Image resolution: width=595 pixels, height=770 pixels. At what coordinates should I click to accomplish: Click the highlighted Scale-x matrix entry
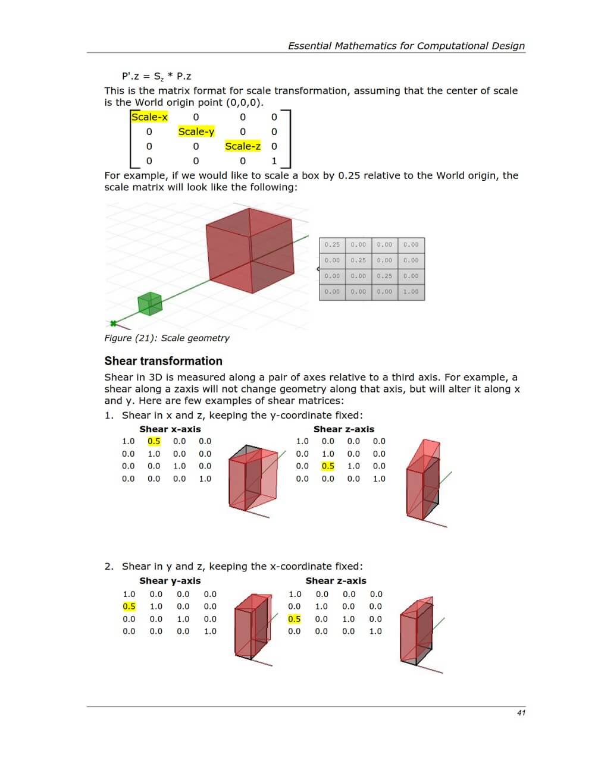click(x=149, y=117)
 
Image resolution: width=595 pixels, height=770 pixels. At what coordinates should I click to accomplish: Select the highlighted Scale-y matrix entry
click(x=196, y=131)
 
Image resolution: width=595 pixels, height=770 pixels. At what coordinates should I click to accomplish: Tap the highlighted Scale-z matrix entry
click(x=242, y=146)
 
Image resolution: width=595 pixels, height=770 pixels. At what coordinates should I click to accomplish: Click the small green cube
click(x=150, y=303)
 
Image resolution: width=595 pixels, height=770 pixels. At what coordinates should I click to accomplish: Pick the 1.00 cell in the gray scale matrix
click(x=411, y=292)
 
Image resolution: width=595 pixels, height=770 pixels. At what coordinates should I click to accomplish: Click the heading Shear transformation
click(x=163, y=361)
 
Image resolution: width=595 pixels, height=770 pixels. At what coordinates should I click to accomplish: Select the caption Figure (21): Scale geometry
click(x=167, y=338)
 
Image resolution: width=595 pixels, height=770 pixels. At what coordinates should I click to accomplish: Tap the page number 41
click(x=521, y=713)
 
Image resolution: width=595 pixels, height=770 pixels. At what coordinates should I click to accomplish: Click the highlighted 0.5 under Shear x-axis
click(x=154, y=441)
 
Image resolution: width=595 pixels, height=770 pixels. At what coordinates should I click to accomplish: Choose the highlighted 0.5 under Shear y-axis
click(x=129, y=606)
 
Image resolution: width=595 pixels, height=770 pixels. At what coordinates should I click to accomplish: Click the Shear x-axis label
click(x=170, y=429)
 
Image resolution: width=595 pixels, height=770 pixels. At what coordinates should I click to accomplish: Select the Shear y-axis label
click(x=170, y=581)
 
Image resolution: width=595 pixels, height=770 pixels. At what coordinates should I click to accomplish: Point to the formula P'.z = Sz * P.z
click(x=156, y=76)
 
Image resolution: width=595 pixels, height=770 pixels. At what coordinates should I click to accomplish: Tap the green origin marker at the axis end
click(x=112, y=323)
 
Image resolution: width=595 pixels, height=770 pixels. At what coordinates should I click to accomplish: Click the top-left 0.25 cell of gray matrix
click(x=332, y=244)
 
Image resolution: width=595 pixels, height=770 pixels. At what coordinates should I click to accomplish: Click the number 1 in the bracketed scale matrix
click(x=274, y=161)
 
